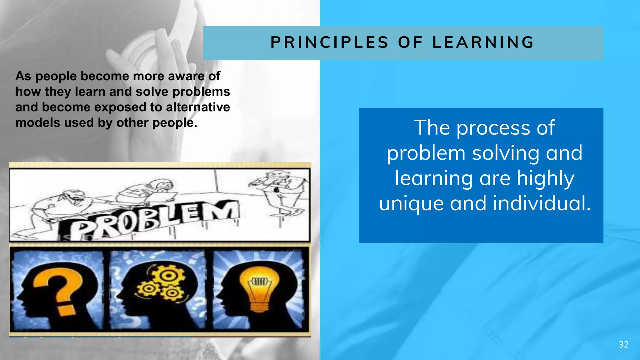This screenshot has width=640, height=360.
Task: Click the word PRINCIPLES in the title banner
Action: (329, 43)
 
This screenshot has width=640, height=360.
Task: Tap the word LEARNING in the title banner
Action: (483, 43)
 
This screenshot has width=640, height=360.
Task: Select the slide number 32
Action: (623, 344)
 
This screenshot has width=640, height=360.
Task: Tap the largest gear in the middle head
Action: (168, 276)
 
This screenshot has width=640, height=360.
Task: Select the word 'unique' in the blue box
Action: (411, 203)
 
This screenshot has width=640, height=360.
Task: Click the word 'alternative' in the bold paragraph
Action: (198, 107)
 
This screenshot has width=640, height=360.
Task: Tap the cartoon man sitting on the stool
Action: (278, 191)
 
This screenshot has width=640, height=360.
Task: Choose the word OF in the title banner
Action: (410, 43)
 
